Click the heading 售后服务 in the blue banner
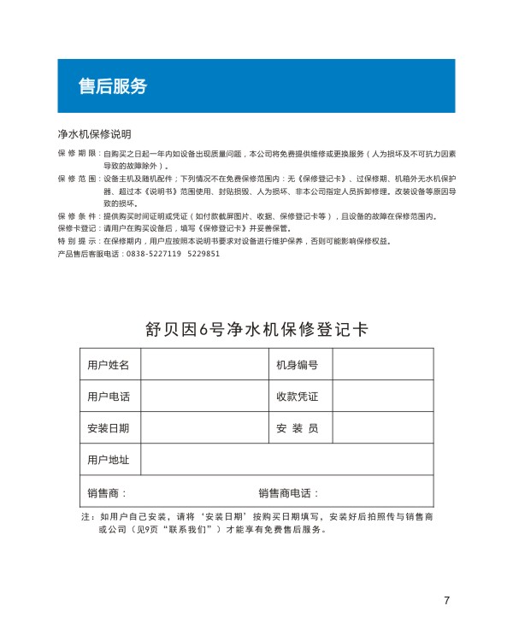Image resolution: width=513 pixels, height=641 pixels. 112,86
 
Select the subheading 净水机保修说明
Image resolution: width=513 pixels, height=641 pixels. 94,134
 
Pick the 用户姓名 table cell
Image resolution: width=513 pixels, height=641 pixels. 109,365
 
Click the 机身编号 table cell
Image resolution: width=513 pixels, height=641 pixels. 297,365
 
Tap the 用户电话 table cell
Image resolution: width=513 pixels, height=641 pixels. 109,397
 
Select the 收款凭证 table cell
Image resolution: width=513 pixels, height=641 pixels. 297,397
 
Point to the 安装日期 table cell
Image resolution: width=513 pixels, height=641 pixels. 109,428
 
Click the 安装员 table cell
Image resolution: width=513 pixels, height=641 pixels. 297,428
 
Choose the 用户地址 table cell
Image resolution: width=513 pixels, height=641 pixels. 109,460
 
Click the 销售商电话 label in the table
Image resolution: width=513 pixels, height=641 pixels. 288,493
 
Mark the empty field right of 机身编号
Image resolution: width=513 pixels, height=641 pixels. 382,365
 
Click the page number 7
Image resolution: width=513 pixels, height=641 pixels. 446,600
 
